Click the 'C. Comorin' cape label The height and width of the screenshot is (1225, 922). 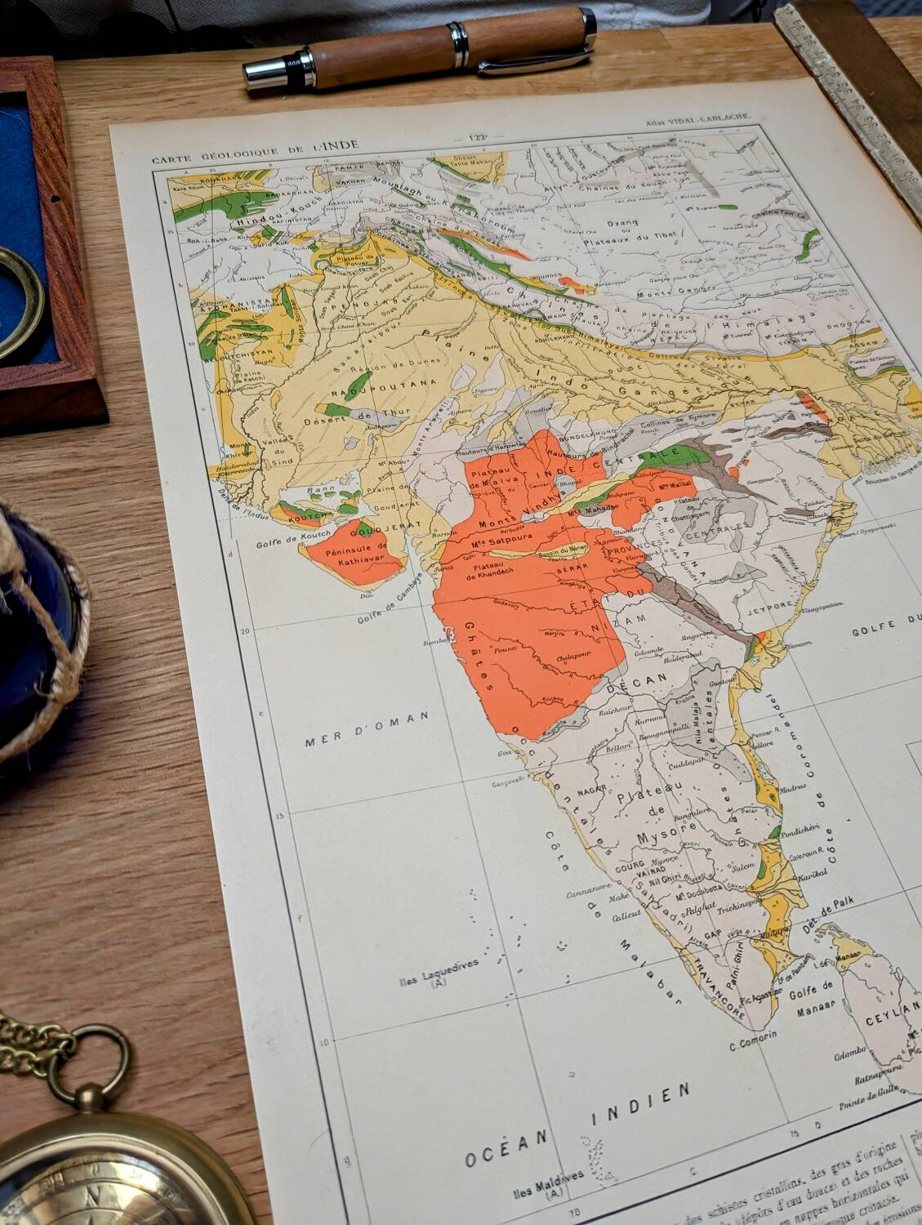tap(752, 1045)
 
